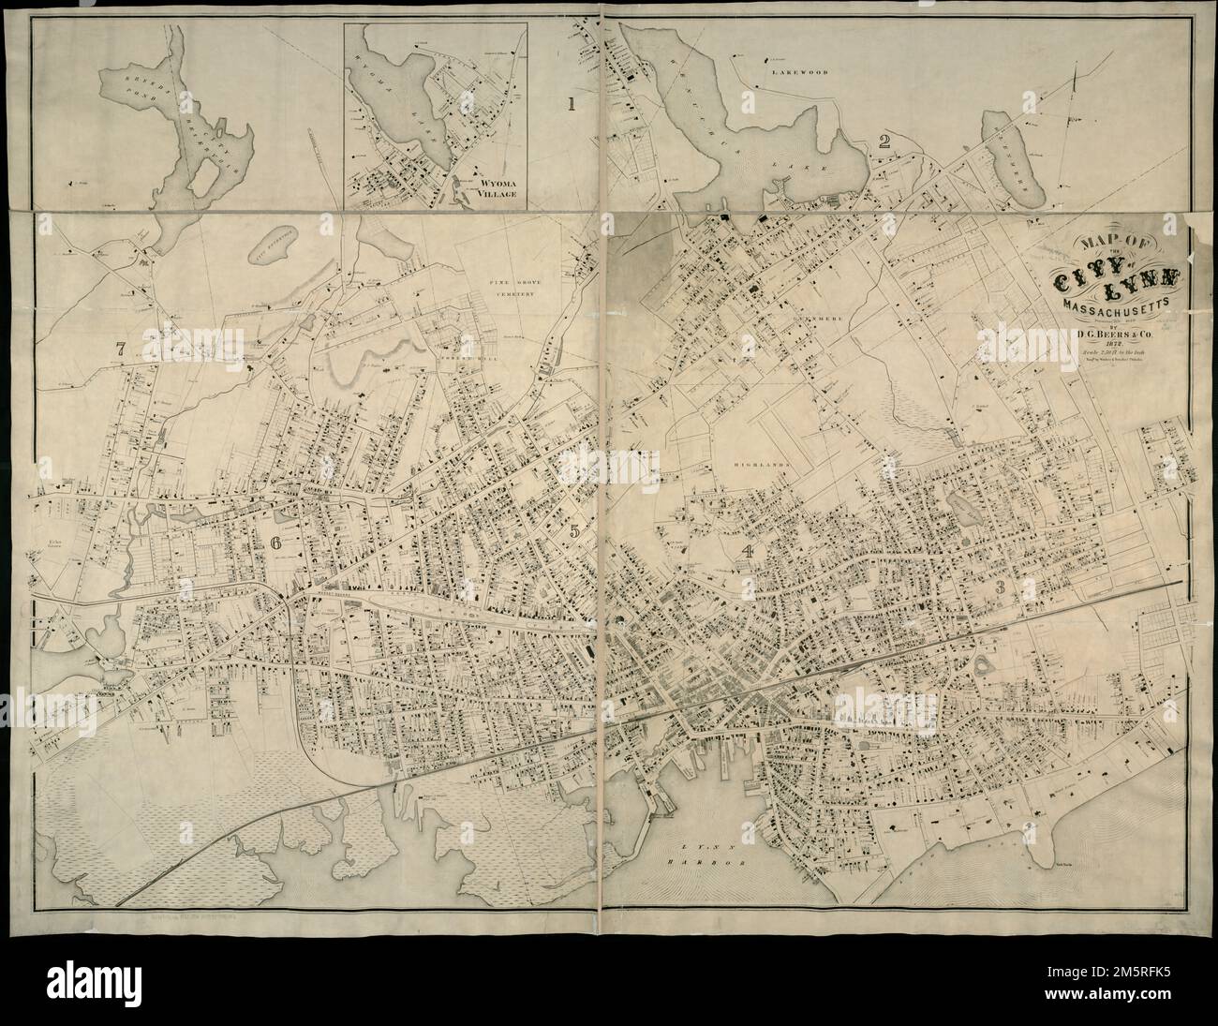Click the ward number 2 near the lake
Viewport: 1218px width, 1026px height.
pos(883,141)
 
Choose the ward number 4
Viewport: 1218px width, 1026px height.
pos(747,552)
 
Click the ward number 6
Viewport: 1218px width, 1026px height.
pos(275,543)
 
